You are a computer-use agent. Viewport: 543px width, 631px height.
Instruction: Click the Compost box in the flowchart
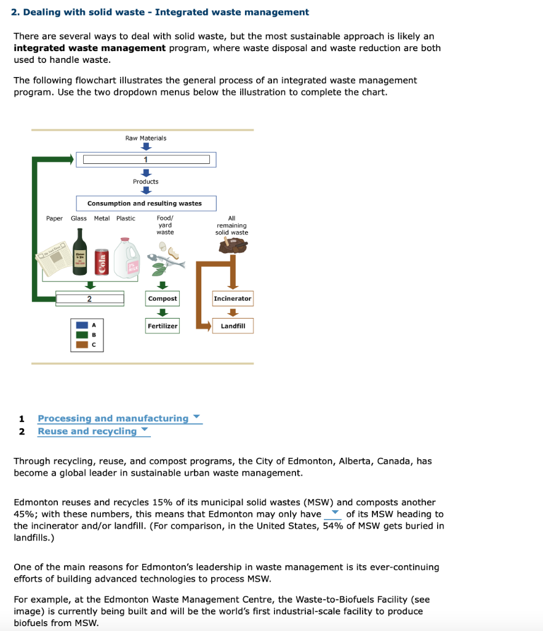click(163, 299)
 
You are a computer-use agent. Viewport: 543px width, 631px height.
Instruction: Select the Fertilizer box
click(163, 326)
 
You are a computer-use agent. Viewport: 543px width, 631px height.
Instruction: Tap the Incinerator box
click(233, 299)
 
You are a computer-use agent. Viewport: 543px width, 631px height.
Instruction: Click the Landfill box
click(233, 326)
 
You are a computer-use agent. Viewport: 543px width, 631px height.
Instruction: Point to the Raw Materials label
click(146, 138)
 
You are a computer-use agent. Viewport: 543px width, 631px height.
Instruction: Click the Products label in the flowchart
click(146, 182)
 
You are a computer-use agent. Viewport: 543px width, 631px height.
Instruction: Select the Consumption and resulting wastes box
click(145, 203)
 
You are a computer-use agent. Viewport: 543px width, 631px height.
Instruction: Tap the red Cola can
click(103, 263)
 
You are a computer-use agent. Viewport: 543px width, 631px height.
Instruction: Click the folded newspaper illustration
click(50, 261)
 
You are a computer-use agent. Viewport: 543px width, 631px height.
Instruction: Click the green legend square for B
click(81, 335)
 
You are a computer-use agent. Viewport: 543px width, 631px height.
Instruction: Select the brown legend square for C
click(81, 344)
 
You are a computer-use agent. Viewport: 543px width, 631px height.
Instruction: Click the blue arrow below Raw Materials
click(146, 147)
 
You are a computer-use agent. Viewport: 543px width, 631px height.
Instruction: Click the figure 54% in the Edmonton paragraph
click(334, 526)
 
